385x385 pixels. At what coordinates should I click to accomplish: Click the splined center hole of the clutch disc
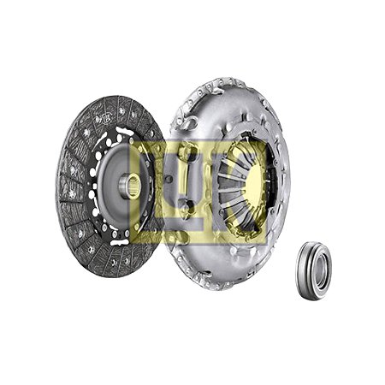coord(133,187)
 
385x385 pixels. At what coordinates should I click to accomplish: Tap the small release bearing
coord(314,270)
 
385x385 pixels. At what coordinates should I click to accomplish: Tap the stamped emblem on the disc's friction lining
coord(104,118)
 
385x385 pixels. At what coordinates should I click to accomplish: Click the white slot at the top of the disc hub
coord(123,131)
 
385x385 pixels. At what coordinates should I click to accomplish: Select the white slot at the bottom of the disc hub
coord(120,243)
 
